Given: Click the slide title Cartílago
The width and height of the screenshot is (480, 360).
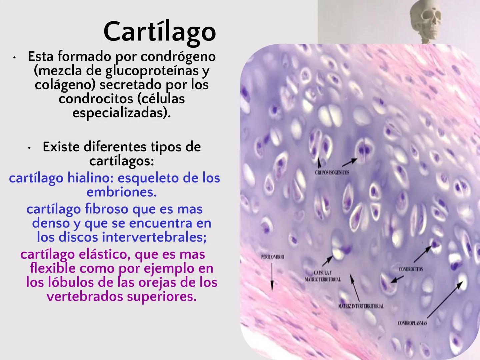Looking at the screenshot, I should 160,31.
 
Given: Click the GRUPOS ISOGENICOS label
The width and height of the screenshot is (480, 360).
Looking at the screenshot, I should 332,172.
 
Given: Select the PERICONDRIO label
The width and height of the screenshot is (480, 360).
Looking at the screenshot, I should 272,257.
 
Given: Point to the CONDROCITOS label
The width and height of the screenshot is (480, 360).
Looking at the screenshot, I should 411,269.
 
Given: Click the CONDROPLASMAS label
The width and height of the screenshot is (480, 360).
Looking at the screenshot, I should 412,323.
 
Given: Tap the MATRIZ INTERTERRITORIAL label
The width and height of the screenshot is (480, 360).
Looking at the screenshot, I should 361,306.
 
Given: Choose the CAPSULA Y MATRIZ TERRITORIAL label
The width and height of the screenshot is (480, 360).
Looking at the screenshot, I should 323,276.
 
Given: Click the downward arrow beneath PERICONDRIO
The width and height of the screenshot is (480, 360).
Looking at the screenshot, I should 272,277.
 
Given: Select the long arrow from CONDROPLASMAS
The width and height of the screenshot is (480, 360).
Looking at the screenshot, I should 445,299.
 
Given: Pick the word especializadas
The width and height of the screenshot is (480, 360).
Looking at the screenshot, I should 119,113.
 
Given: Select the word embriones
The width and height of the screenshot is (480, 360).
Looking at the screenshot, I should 121,192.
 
